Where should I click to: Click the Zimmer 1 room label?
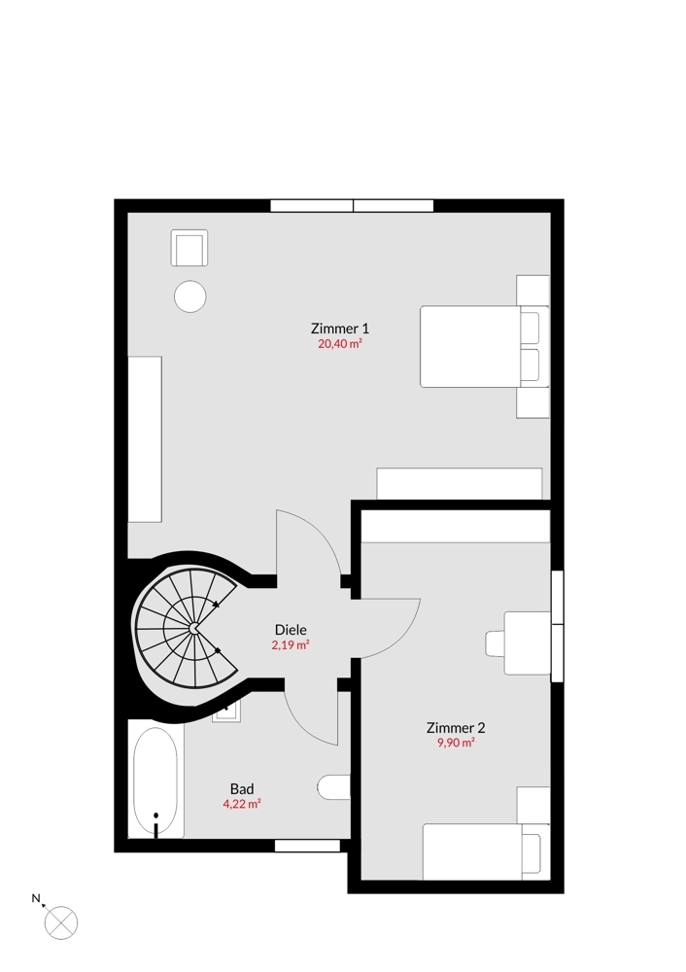point(339,328)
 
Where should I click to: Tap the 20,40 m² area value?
point(339,343)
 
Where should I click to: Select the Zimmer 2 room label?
point(456,727)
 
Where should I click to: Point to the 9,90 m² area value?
point(456,743)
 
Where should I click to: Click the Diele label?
point(291,630)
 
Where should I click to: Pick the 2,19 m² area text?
point(291,644)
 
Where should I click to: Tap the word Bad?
point(242,788)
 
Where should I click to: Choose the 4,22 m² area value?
point(242,804)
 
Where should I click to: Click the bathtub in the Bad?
point(155,781)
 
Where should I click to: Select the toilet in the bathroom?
point(333,787)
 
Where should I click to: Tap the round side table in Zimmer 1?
point(189,296)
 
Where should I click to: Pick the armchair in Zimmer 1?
point(189,247)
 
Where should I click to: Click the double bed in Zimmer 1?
point(485,346)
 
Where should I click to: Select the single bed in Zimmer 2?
point(486,851)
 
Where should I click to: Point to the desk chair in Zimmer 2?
point(495,642)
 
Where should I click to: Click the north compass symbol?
point(61,922)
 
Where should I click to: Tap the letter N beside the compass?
point(36,897)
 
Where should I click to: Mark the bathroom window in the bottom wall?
point(307,846)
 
